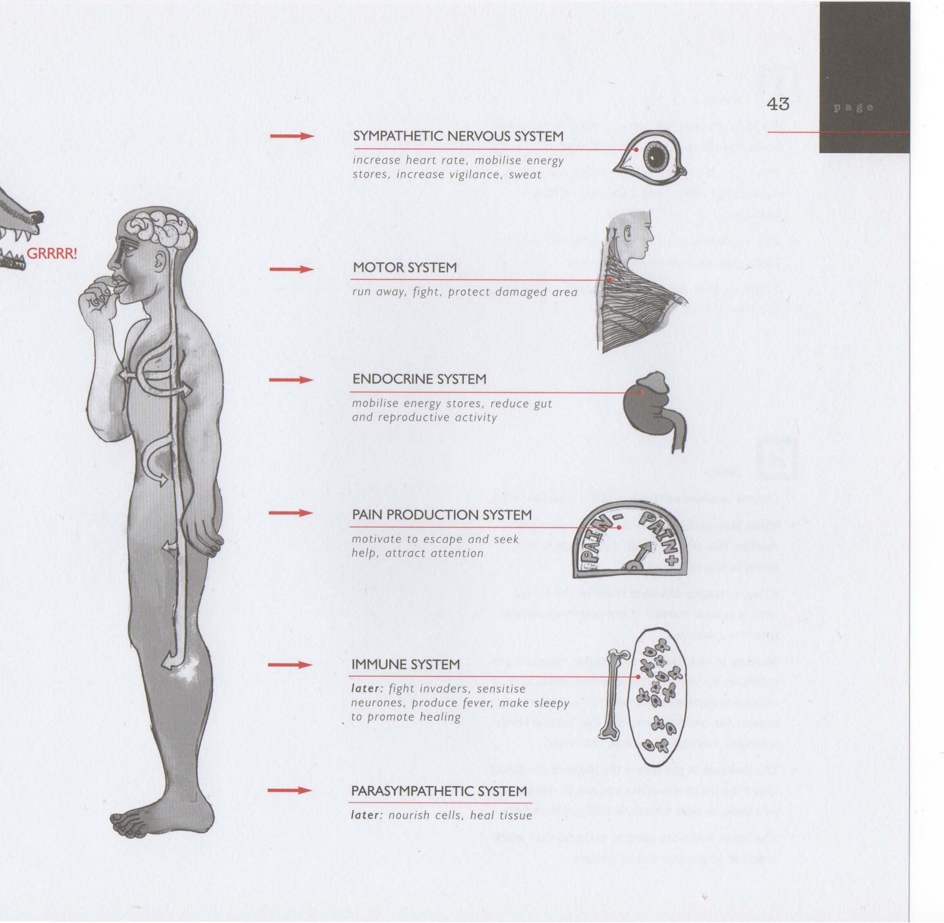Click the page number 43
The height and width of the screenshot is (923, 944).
pos(778,104)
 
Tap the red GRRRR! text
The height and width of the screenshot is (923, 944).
pos(52,254)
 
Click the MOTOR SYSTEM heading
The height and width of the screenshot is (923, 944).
pos(405,268)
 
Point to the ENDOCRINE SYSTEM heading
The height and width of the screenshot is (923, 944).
pos(419,379)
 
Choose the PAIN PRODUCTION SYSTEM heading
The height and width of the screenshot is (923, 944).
pos(441,515)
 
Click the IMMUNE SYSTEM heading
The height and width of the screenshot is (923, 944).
pos(405,664)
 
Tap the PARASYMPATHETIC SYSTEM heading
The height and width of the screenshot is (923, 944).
pos(439,791)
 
